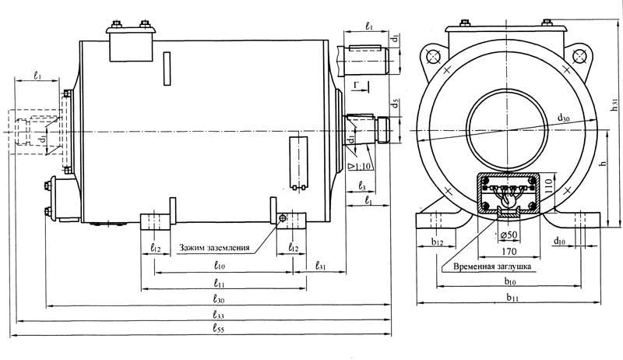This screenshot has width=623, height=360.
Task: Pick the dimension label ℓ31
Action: click(321, 266)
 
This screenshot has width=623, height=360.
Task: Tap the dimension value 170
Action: click(509, 252)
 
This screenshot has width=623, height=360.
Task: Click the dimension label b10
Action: click(512, 281)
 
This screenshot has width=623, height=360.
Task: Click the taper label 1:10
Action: click(361, 166)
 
